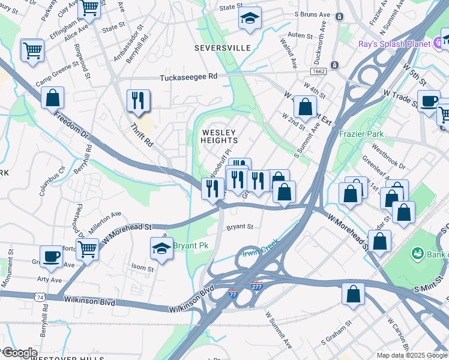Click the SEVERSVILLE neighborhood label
tap(221, 47)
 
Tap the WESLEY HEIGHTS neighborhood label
tap(219, 136)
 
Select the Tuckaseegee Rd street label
tap(188, 77)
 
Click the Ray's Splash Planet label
tap(394, 44)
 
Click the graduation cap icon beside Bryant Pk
tap(161, 248)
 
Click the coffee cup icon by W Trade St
tap(429, 101)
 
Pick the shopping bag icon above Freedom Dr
tap(53, 97)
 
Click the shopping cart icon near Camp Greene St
tap(32, 50)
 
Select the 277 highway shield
tap(256, 286)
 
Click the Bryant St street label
tap(240, 227)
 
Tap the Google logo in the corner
tap(19, 353)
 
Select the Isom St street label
tap(142, 268)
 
